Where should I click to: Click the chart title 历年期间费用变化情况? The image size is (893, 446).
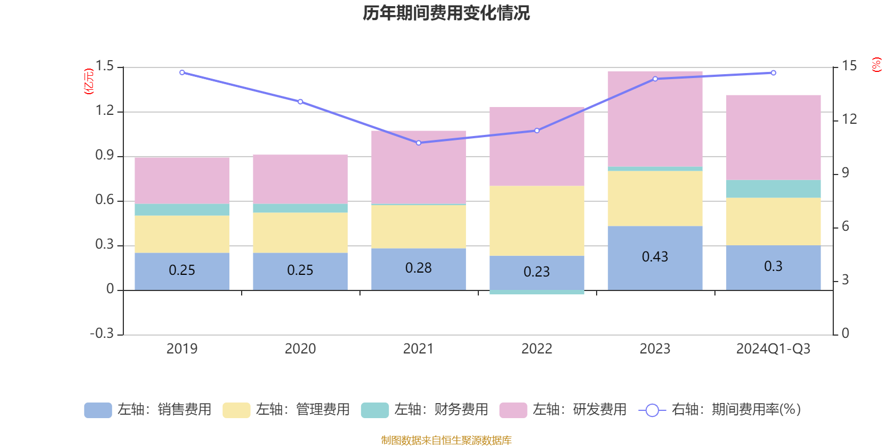(446, 13)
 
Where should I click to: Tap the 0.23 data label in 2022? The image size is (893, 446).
(536, 272)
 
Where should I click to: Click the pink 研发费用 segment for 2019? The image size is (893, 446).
(182, 180)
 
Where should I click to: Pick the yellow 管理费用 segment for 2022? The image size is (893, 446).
(536, 221)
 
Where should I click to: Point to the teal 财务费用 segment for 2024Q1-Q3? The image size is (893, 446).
(773, 189)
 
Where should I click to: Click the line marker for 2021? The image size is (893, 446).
(419, 143)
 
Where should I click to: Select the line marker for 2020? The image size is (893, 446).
(300, 101)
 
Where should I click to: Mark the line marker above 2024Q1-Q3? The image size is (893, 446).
(773, 72)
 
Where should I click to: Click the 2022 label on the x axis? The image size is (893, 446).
(536, 349)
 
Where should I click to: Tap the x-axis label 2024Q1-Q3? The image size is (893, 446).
(773, 349)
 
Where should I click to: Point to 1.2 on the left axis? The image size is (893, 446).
(104, 111)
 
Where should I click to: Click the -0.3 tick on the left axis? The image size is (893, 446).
(102, 333)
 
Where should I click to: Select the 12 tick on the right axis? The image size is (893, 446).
(849, 119)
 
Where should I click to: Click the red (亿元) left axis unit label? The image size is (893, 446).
(89, 81)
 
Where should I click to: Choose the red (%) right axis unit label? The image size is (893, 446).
(876, 65)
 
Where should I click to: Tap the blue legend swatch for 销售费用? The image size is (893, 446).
(98, 410)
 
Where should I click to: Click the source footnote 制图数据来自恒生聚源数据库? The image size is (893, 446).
(446, 440)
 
